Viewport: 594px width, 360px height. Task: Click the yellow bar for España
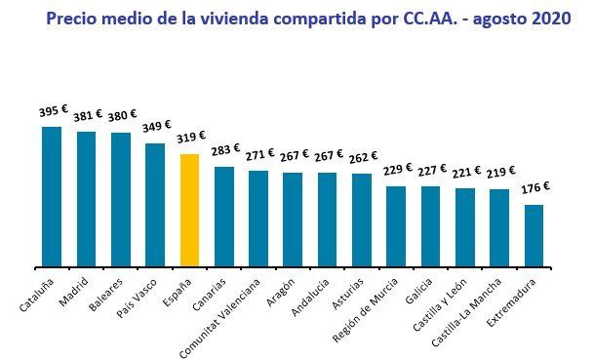pos(189,210)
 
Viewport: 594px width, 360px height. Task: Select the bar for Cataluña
pos(52,196)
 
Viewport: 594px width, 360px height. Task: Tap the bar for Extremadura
pos(534,235)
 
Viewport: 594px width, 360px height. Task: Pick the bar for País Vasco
pos(155,205)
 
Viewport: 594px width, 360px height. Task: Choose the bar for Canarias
pos(224,217)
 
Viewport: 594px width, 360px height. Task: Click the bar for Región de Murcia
pos(396,226)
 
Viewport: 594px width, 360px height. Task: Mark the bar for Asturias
pos(362,220)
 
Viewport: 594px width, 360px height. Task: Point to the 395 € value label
pos(55,111)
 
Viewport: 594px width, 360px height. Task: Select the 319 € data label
pos(189,139)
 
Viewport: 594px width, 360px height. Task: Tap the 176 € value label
pos(534,187)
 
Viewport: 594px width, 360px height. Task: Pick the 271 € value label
pos(258,154)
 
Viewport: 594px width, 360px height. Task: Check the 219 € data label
pos(499,173)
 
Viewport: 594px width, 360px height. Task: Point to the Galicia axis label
pos(421,290)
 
